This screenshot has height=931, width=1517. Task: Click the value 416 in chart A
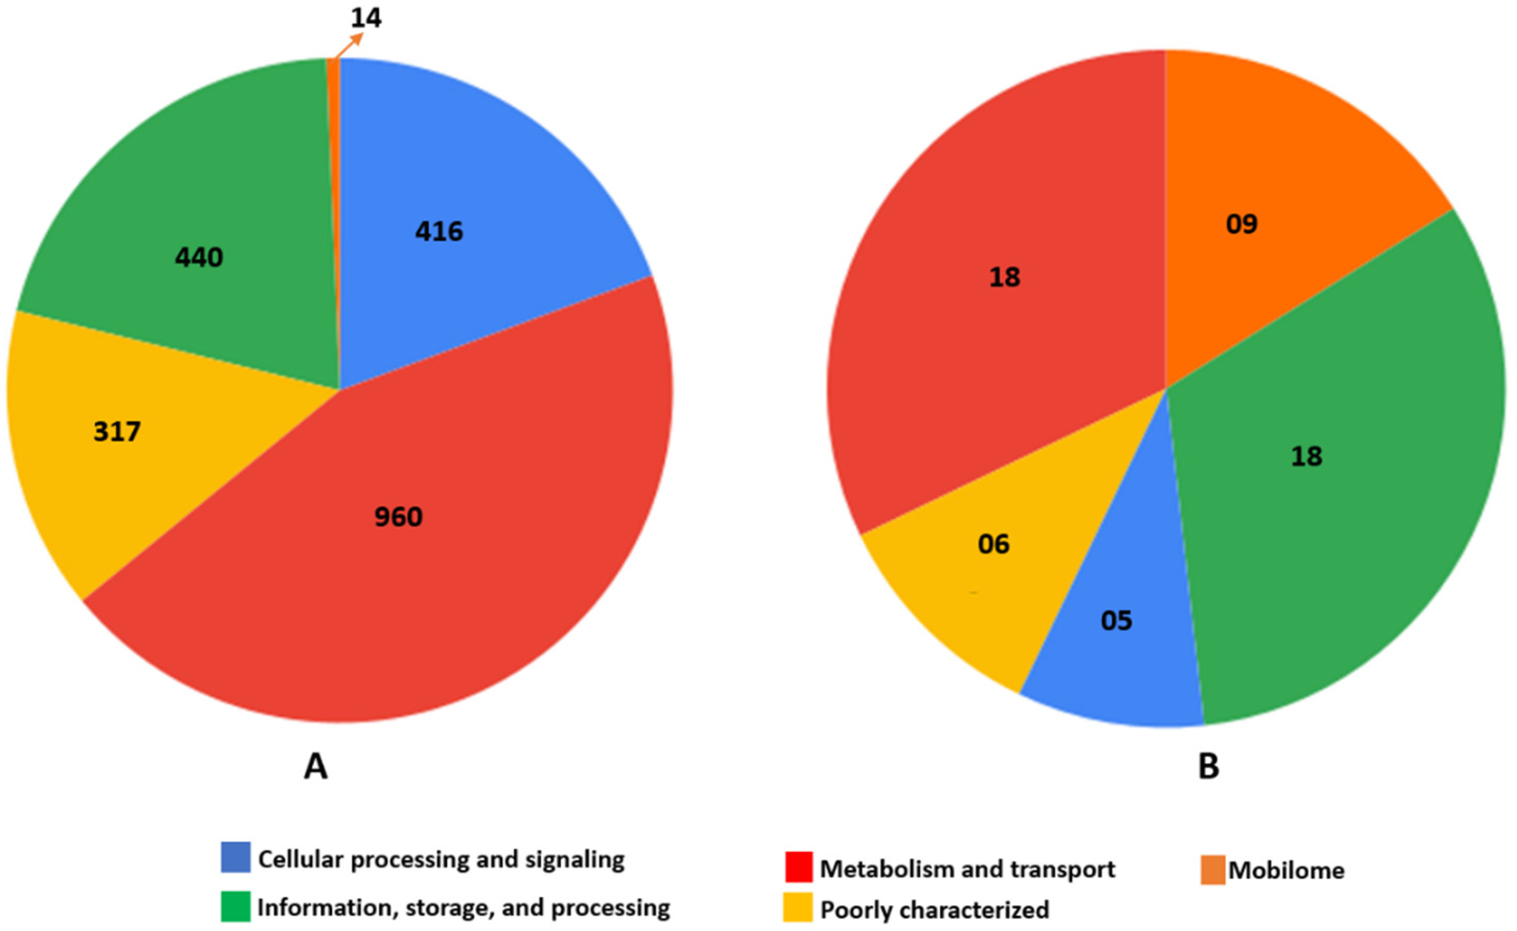point(439,231)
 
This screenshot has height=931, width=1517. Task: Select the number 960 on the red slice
point(398,516)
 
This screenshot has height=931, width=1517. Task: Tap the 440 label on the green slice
point(199,257)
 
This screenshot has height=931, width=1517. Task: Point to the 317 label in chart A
point(117,431)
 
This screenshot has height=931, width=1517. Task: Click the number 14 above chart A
point(366,18)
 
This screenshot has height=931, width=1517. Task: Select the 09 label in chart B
point(1241,224)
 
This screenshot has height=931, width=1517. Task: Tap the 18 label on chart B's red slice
point(1005,278)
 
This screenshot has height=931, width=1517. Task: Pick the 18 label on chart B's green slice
point(1307,456)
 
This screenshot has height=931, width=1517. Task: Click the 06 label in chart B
point(994,544)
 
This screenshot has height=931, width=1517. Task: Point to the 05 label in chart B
point(1116,621)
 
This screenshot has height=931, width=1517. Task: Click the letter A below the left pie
point(315,768)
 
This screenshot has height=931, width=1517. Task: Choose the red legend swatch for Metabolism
point(799,867)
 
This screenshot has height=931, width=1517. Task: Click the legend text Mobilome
point(1286,871)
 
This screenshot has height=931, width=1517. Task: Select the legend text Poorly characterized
point(935,910)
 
